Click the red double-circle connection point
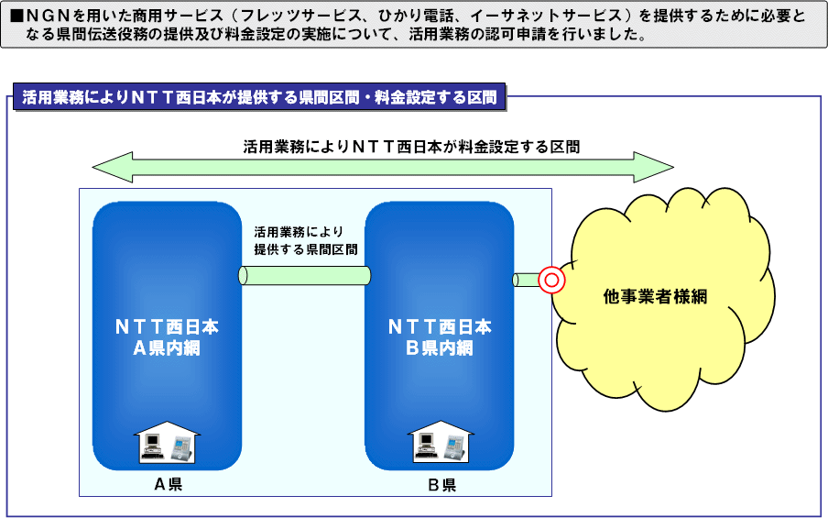pos(551,280)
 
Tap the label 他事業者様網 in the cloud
pos(655,296)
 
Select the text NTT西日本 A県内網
pos(167,337)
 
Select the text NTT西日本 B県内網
pos(440,337)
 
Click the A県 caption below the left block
pos(169,484)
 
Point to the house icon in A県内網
pos(168,443)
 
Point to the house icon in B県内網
pos(441,443)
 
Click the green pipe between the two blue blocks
pos(304,275)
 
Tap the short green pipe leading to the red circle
pos(526,280)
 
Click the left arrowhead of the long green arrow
pos(113,167)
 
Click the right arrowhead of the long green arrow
pos(654,167)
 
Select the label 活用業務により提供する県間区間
pos(306,240)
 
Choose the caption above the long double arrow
pos(411,147)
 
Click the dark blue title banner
pos(259,97)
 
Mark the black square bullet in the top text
pos(17,17)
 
